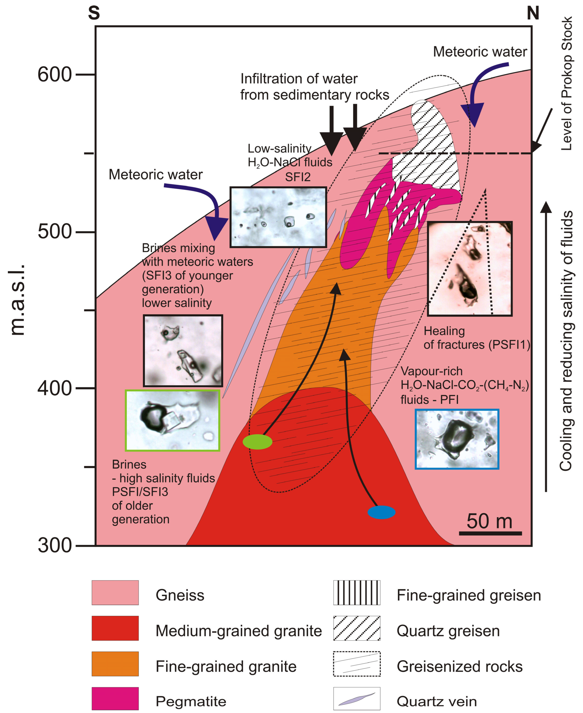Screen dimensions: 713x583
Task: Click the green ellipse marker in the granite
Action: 257,442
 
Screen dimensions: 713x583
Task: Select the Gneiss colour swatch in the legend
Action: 115,593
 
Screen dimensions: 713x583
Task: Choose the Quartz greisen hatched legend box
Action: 357,628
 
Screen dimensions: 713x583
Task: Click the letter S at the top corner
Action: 94,13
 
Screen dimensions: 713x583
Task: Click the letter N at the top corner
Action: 533,13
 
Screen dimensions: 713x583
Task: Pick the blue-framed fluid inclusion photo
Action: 457,439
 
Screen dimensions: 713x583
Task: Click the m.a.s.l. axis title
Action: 17,300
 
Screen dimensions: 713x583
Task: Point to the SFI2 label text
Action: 298,177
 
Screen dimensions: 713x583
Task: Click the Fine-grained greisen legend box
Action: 357,593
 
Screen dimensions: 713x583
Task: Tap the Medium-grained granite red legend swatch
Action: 115,628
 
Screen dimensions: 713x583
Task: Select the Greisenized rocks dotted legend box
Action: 357,664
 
